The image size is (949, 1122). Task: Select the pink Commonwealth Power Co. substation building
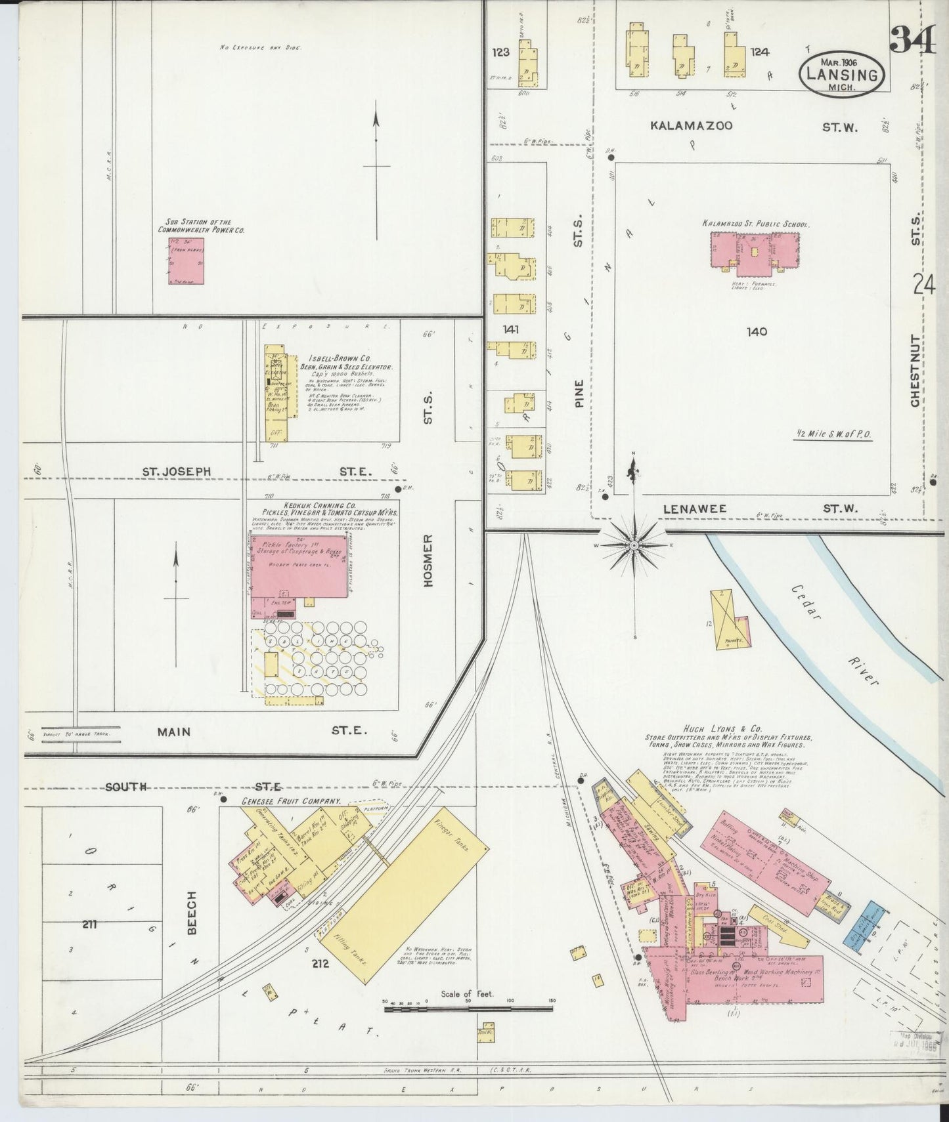click(x=186, y=261)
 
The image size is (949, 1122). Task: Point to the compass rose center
click(x=634, y=545)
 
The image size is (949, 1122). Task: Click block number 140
click(x=757, y=332)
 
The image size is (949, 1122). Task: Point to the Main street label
click(x=174, y=732)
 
